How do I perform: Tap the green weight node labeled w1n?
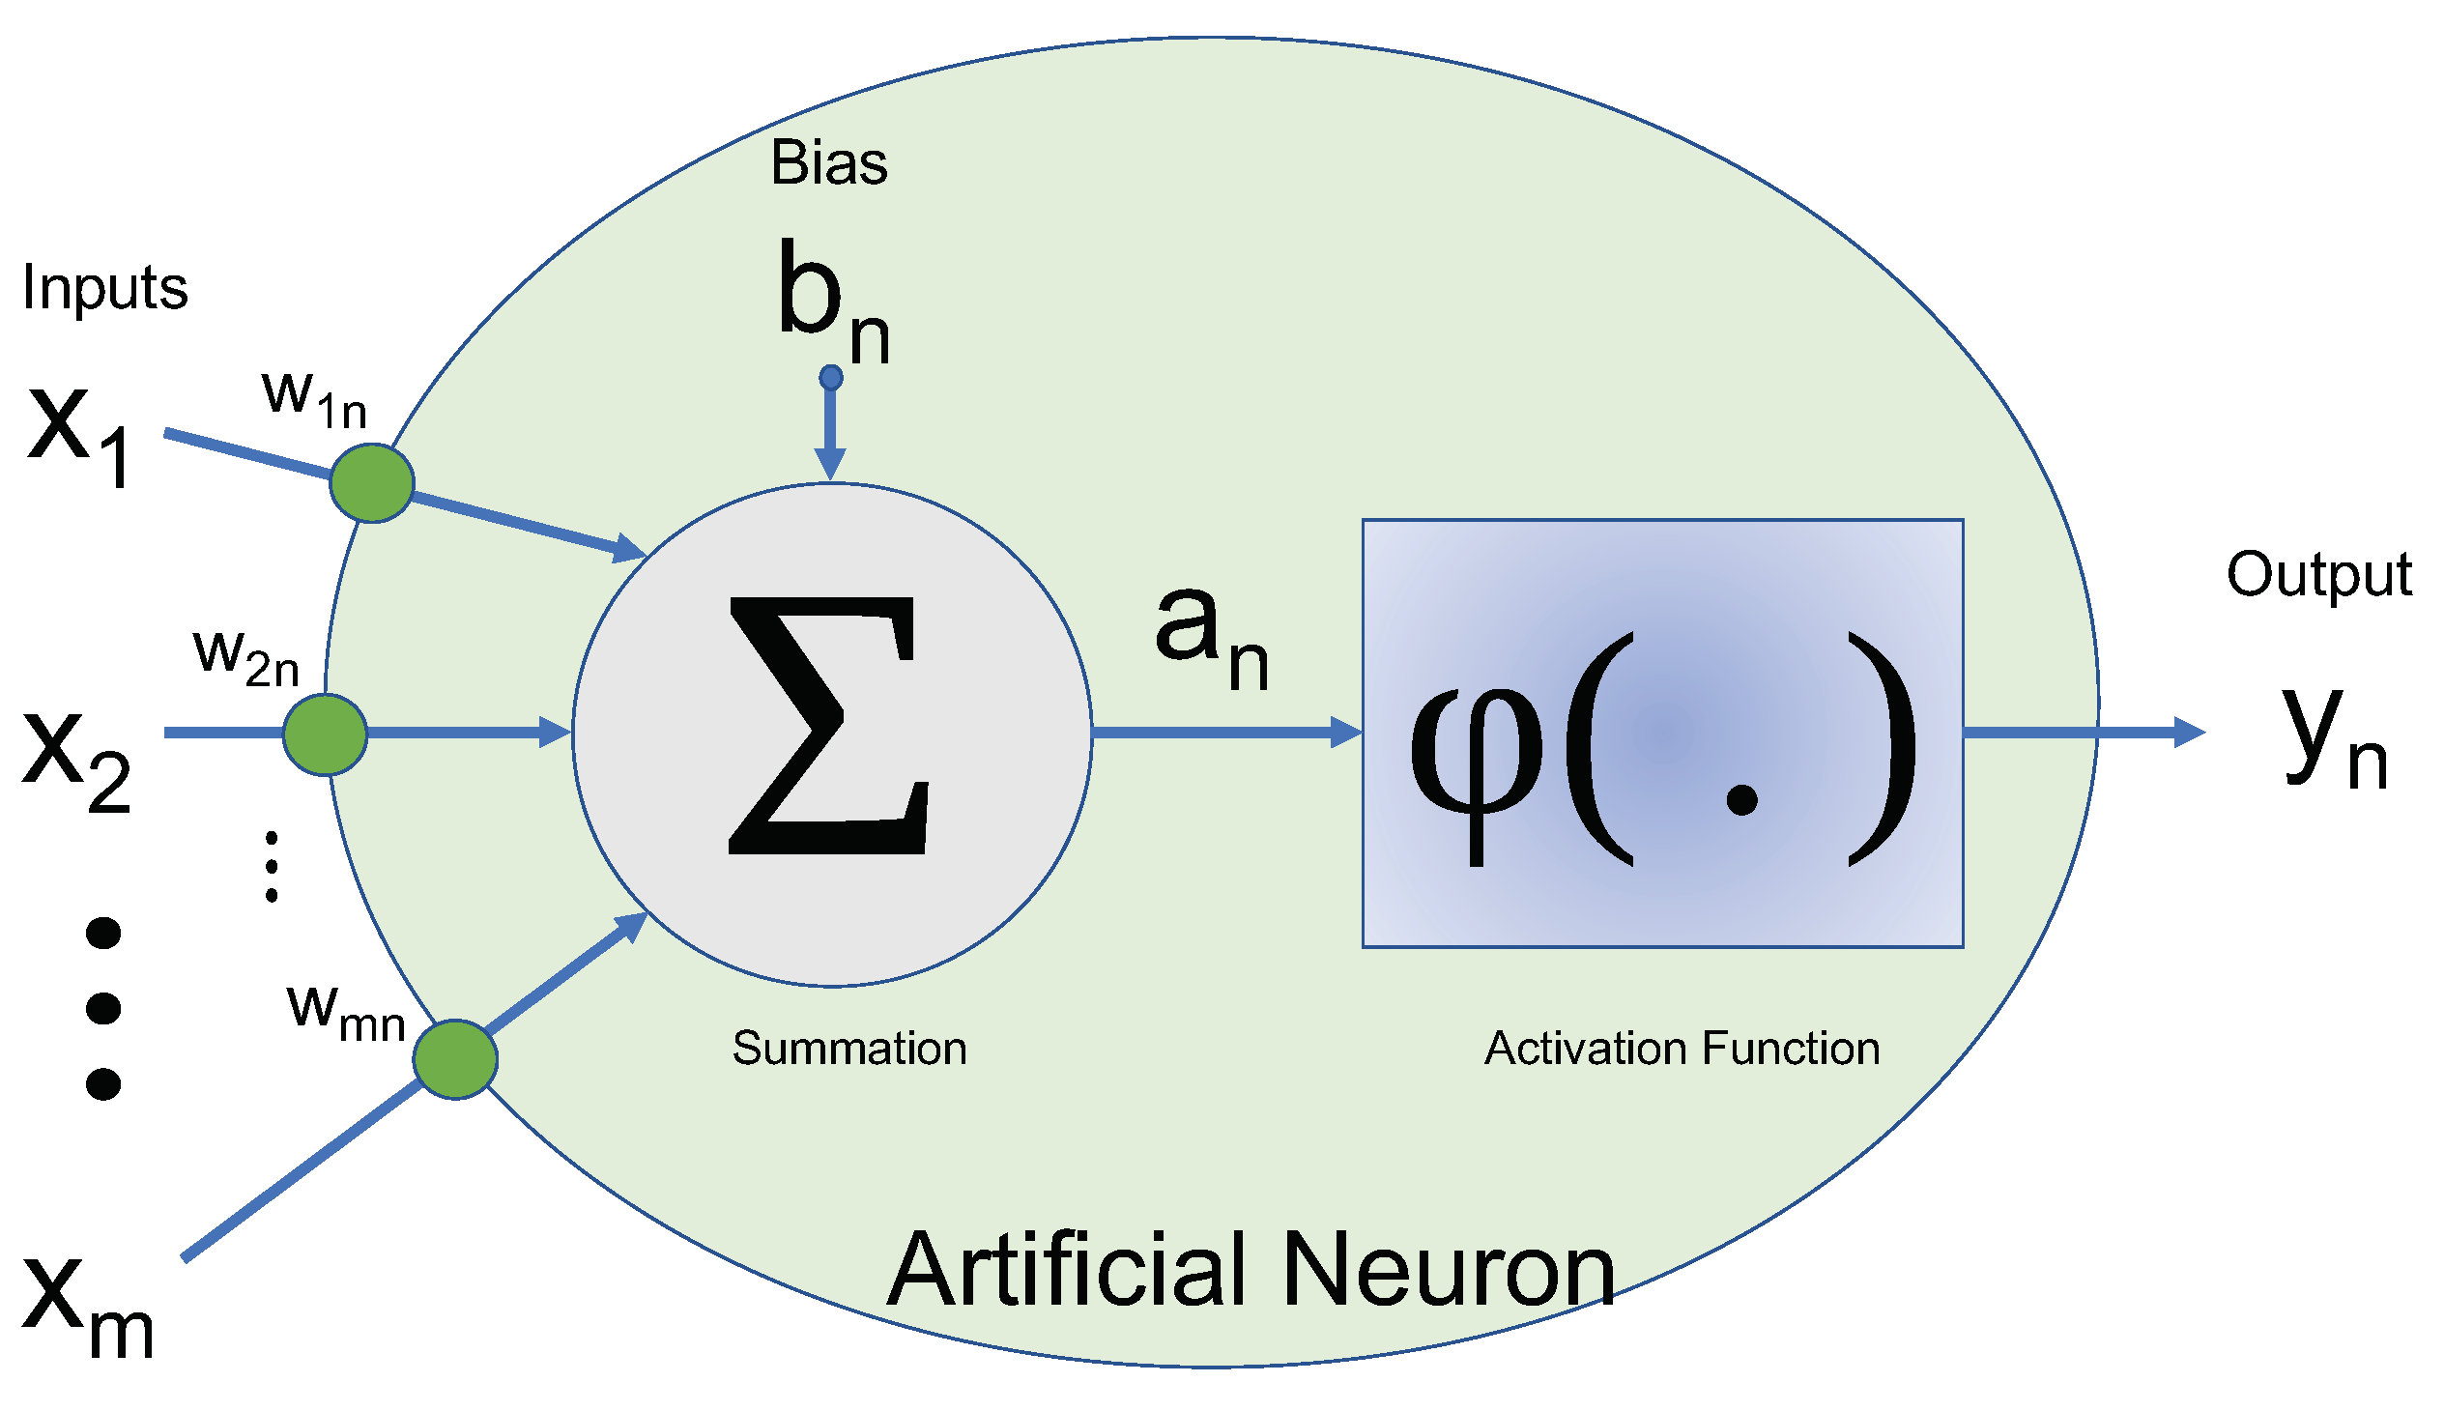pyautogui.click(x=372, y=482)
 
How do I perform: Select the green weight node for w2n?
pyautogui.click(x=326, y=734)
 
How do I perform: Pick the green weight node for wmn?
pyautogui.click(x=455, y=1059)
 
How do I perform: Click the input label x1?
pyautogui.click(x=79, y=431)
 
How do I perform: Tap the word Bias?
pyautogui.click(x=828, y=162)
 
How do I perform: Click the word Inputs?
pyautogui.click(x=104, y=288)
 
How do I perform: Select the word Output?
pyautogui.click(x=2318, y=575)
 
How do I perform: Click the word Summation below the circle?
pyautogui.click(x=848, y=1049)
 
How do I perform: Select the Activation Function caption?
pyautogui.click(x=1682, y=1049)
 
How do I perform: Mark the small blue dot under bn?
pyautogui.click(x=830, y=377)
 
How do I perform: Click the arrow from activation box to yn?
pyautogui.click(x=2084, y=732)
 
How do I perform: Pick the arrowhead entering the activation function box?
pyautogui.click(x=1347, y=732)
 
